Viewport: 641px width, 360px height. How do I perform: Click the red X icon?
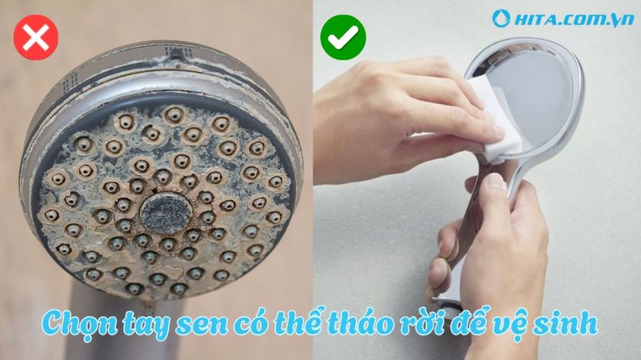(36, 37)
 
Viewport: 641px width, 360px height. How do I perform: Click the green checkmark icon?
(343, 37)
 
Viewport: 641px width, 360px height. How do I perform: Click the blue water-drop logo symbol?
(501, 19)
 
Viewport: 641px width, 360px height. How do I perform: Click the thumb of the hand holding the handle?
(494, 184)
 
